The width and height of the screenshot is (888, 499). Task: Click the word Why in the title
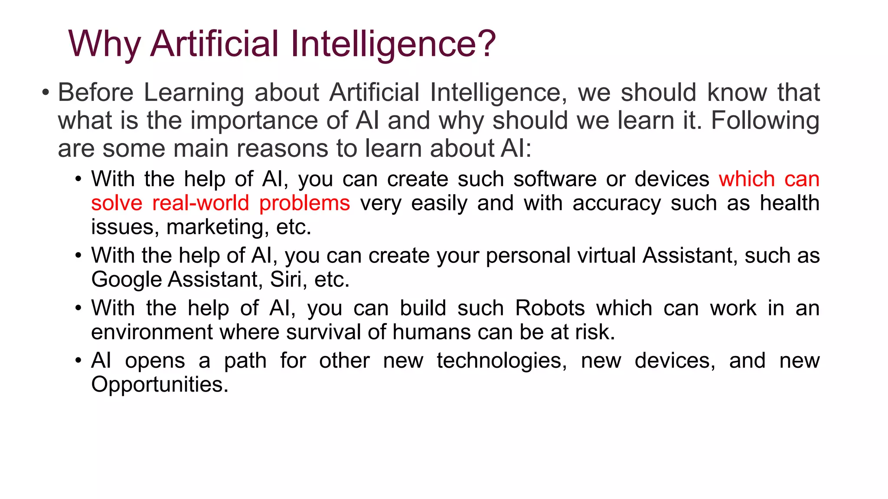[x=104, y=44]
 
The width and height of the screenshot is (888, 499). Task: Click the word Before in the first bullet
[x=96, y=93]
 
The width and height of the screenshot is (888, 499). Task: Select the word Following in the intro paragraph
[x=765, y=120]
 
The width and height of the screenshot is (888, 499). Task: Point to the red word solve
[x=117, y=203]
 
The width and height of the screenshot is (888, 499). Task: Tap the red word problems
[x=304, y=203]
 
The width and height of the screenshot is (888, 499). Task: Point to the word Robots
[x=550, y=308]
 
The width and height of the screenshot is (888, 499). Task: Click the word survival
[x=323, y=332]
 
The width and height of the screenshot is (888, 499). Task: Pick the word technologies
[x=502, y=360]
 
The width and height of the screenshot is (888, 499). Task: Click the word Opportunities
[x=159, y=385]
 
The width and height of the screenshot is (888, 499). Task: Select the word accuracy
[x=617, y=203]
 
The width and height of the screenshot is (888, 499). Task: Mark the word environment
[x=152, y=332]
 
